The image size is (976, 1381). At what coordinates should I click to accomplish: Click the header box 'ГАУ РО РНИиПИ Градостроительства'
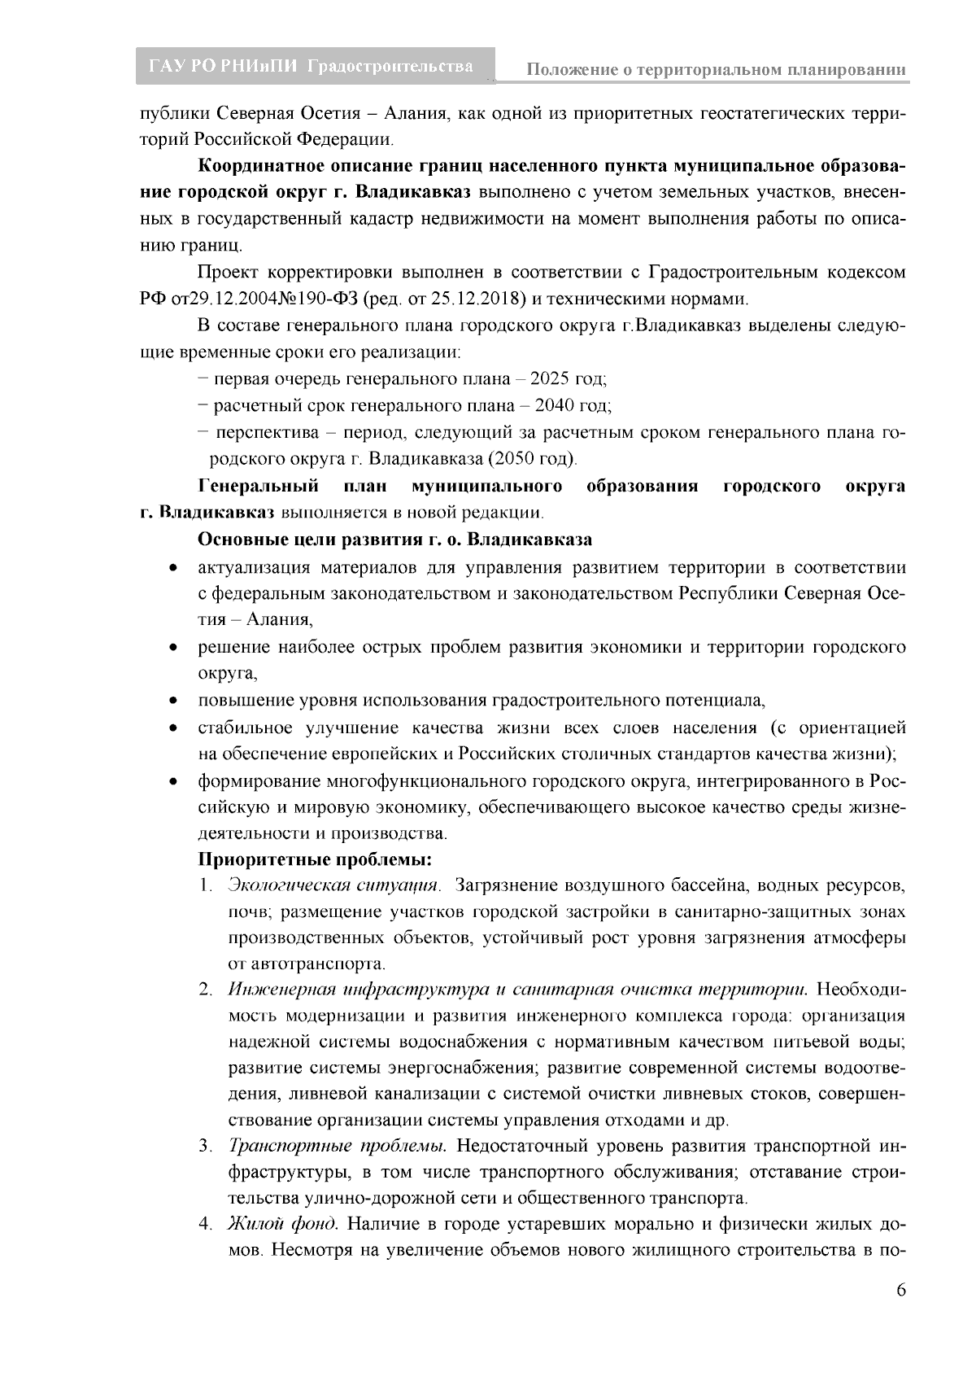tap(312, 67)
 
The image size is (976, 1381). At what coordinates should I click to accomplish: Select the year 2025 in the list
tap(551, 379)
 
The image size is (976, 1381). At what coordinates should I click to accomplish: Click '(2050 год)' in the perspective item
tap(531, 459)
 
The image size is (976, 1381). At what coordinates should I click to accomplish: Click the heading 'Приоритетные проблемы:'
tap(315, 859)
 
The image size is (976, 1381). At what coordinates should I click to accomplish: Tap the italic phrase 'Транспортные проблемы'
tap(338, 1147)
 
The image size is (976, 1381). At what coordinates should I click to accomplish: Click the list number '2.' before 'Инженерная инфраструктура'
tap(206, 990)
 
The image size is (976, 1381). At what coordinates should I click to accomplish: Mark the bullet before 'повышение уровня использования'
tap(173, 701)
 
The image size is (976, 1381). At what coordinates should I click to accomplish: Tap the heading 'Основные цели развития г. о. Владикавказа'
tap(394, 540)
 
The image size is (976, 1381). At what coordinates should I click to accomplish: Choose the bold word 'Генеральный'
tap(258, 487)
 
